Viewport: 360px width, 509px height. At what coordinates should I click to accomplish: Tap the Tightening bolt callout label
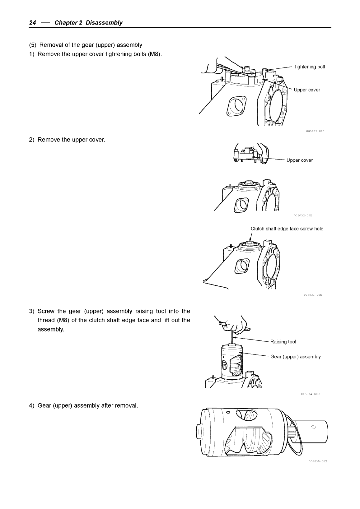coord(309,67)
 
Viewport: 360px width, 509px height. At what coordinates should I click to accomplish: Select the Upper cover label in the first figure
coord(307,90)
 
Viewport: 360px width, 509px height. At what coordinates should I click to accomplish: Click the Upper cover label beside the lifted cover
coord(299,160)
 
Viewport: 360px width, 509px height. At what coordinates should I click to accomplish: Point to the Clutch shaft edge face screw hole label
coord(287,229)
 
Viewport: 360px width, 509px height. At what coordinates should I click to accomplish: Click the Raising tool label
coord(283,342)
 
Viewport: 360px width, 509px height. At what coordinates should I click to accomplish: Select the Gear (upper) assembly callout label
coord(295,357)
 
